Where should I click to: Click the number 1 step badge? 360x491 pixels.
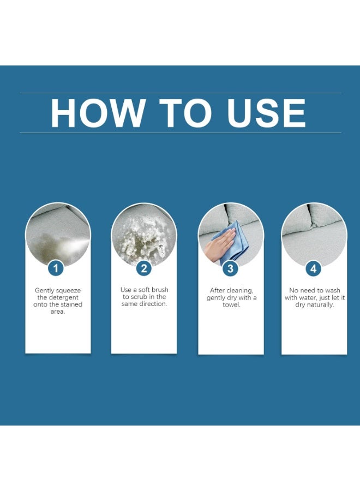(56, 268)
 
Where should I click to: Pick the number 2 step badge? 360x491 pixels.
(144, 268)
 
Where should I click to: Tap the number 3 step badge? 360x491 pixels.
(230, 268)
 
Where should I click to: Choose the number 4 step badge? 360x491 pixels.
(313, 268)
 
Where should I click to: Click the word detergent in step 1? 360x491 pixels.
(64, 297)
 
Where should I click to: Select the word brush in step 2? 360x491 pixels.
(160, 290)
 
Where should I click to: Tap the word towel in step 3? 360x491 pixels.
(231, 304)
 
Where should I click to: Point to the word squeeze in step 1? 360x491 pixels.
(69, 291)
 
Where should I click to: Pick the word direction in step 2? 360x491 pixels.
(153, 304)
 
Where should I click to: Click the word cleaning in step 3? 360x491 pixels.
(240, 291)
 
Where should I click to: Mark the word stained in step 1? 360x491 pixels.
(71, 304)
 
